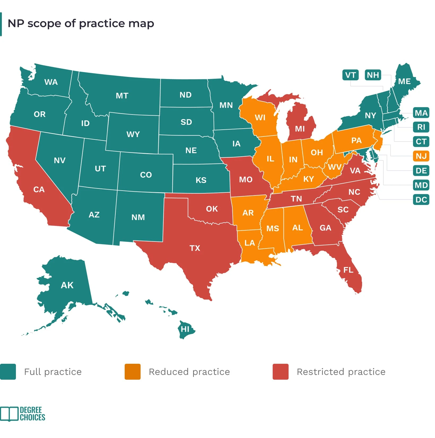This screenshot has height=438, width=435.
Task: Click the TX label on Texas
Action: pos(195,248)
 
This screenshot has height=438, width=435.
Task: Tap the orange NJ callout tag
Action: pos(421,156)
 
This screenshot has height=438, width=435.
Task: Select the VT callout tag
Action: pos(350,75)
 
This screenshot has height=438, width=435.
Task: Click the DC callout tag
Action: pos(421,200)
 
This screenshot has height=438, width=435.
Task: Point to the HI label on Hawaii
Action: pos(185,329)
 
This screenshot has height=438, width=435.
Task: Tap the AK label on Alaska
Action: pos(67,285)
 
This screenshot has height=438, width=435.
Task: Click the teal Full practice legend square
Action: pos(8,372)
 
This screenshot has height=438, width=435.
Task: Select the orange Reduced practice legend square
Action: pos(133,372)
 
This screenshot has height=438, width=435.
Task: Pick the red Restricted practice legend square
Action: pos(281,372)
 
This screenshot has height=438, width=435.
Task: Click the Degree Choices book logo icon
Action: pos(10,414)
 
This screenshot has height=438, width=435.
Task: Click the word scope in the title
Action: pos(45,24)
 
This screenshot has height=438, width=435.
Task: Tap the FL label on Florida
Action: pos(348,270)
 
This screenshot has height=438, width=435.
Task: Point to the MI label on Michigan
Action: pos(300,129)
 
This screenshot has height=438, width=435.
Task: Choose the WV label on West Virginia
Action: pos(335,167)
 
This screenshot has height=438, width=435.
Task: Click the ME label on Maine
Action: pos(404,81)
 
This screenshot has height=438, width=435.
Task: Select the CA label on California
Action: pos(39,190)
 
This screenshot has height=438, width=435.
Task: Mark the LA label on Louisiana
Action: pos(250,243)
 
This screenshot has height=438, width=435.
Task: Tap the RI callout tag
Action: pos(421,127)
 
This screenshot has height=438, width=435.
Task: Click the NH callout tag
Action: pos(373,75)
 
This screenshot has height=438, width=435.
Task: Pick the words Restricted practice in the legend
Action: pos(341,372)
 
